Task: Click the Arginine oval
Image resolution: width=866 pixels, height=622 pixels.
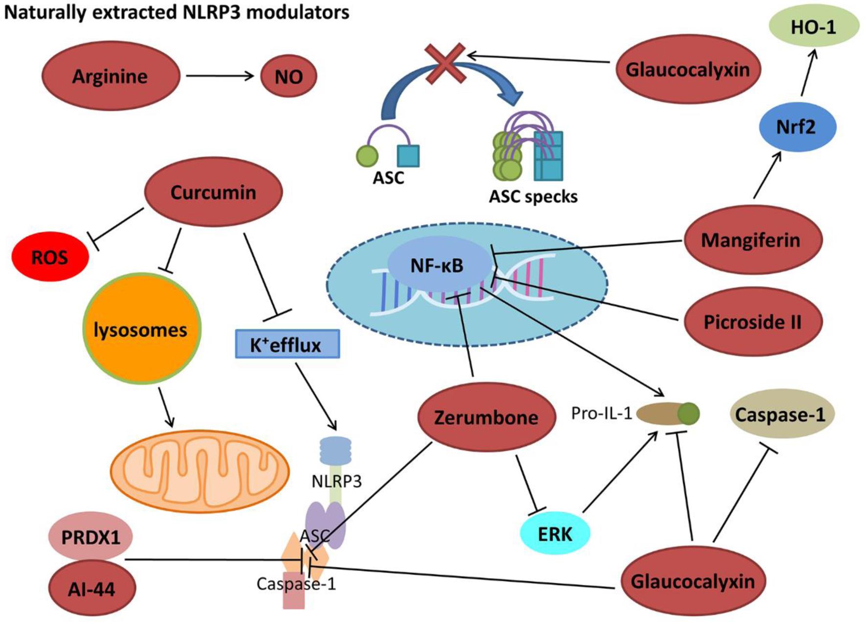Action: [x=110, y=76]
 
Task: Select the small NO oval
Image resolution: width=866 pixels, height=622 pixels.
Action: [x=288, y=76]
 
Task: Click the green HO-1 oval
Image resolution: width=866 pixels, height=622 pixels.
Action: [x=814, y=27]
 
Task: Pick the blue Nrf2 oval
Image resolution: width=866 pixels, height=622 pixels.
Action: [x=797, y=127]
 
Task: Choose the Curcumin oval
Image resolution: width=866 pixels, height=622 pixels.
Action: [x=213, y=192]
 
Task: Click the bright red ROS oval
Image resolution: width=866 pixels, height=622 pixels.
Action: [x=50, y=257]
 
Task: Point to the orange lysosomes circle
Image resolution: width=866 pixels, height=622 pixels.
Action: [x=141, y=329]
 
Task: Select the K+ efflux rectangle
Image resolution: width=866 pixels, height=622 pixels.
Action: [x=287, y=344]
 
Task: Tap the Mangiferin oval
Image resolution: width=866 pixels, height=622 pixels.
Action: [x=752, y=240]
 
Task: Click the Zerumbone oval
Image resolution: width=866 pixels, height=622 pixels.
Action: [x=486, y=417]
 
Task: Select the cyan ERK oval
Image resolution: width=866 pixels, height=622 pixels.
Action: [x=555, y=534]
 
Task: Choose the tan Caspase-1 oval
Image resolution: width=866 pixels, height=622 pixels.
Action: [x=780, y=414]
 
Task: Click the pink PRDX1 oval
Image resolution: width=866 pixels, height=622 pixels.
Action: [x=91, y=537]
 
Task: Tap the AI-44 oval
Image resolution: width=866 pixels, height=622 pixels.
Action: [x=92, y=589]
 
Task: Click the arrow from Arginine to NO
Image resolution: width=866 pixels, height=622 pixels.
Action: [x=219, y=76]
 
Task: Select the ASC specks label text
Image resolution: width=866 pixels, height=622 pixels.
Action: [x=533, y=196]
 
